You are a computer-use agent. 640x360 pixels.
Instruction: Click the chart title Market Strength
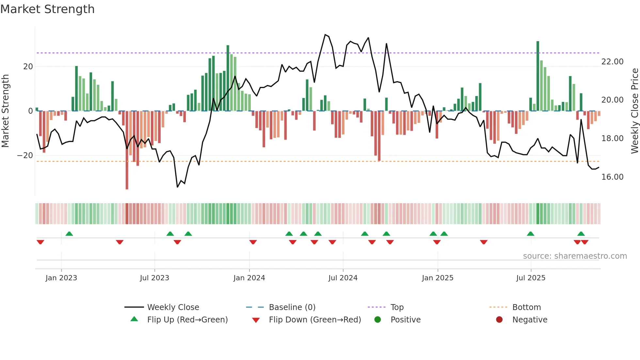pos(47,9)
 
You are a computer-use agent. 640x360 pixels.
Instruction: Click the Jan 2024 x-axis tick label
pos(249,278)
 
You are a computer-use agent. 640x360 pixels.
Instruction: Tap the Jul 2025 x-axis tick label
pos(531,278)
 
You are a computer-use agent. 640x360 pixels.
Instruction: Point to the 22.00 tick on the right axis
pos(612,62)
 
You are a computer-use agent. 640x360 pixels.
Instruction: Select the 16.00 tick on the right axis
pos(612,177)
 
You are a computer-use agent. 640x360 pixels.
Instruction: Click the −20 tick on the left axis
pos(25,155)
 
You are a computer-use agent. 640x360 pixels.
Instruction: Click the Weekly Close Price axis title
pos(634,111)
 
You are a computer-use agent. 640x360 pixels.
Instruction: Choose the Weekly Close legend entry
pos(173,307)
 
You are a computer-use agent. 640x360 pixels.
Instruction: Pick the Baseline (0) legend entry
pos(292,307)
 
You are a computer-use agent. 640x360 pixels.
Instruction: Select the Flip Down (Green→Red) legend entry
pos(315,320)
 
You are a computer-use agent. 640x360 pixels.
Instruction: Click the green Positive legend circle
pos(377,320)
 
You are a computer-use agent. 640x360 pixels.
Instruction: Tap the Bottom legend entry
pos(526,307)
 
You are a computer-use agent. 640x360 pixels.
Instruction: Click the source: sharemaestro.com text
pos(575,256)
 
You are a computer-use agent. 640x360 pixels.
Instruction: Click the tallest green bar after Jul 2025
pos(538,76)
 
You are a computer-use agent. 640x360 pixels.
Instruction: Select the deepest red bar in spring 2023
pos(127,150)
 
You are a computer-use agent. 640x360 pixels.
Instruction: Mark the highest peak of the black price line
pos(325,35)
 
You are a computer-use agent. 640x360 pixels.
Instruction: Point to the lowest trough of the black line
pos(177,187)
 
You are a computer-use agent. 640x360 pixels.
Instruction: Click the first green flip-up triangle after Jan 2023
pos(69,234)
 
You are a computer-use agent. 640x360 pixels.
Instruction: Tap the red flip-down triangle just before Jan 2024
pos(253,242)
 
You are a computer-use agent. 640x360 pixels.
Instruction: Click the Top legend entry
pos(397,307)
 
